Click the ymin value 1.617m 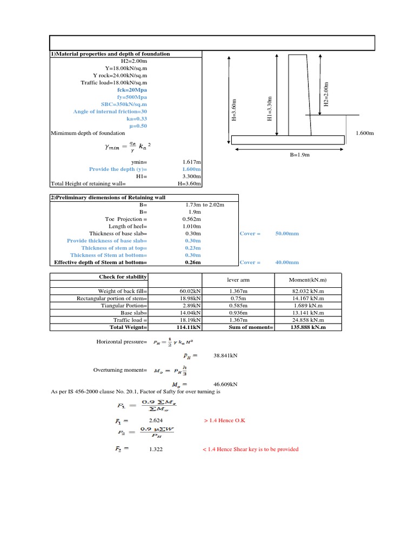[x=192, y=162]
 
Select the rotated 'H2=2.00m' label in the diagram [x=325, y=94]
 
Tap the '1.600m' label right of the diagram [x=365, y=133]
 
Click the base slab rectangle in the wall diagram [x=287, y=140]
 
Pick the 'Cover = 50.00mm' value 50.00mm [x=287, y=234]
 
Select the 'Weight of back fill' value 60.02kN [x=190, y=291]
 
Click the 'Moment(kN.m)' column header [x=307, y=280]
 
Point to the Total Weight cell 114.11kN [x=189, y=327]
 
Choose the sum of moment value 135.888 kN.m [x=307, y=327]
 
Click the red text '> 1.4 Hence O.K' [x=224, y=420]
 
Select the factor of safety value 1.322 [x=156, y=449]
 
